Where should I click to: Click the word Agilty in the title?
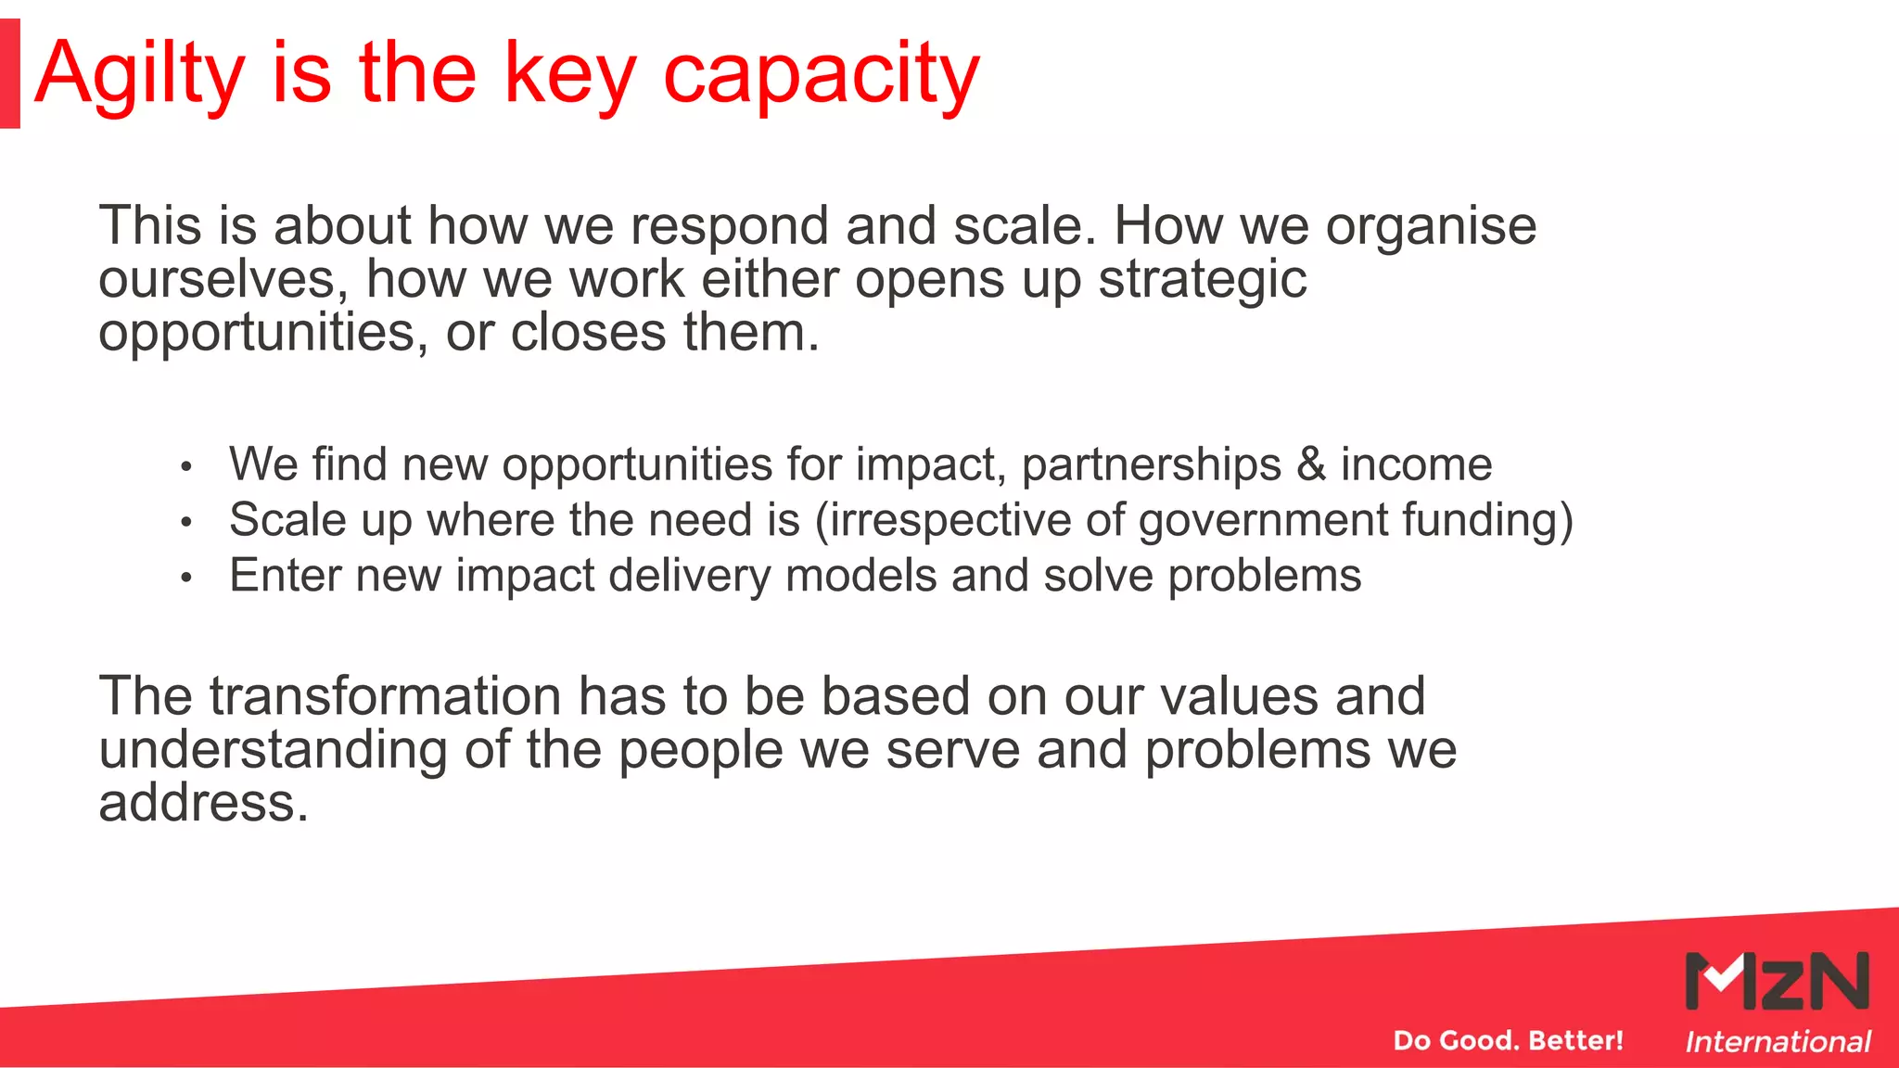click(x=139, y=74)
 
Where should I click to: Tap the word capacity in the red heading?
click(x=822, y=74)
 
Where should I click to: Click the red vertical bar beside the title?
click(x=10, y=73)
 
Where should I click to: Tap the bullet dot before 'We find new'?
click(x=186, y=466)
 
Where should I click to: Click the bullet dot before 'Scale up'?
click(x=186, y=522)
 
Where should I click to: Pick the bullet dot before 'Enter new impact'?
click(x=186, y=578)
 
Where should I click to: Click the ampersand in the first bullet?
click(x=1311, y=464)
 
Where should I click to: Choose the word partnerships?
click(x=1151, y=464)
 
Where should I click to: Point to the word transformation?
click(x=385, y=696)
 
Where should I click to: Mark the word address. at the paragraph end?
click(x=203, y=803)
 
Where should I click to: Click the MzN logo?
click(x=1777, y=981)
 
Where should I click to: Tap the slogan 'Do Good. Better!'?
click(x=1508, y=1040)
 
